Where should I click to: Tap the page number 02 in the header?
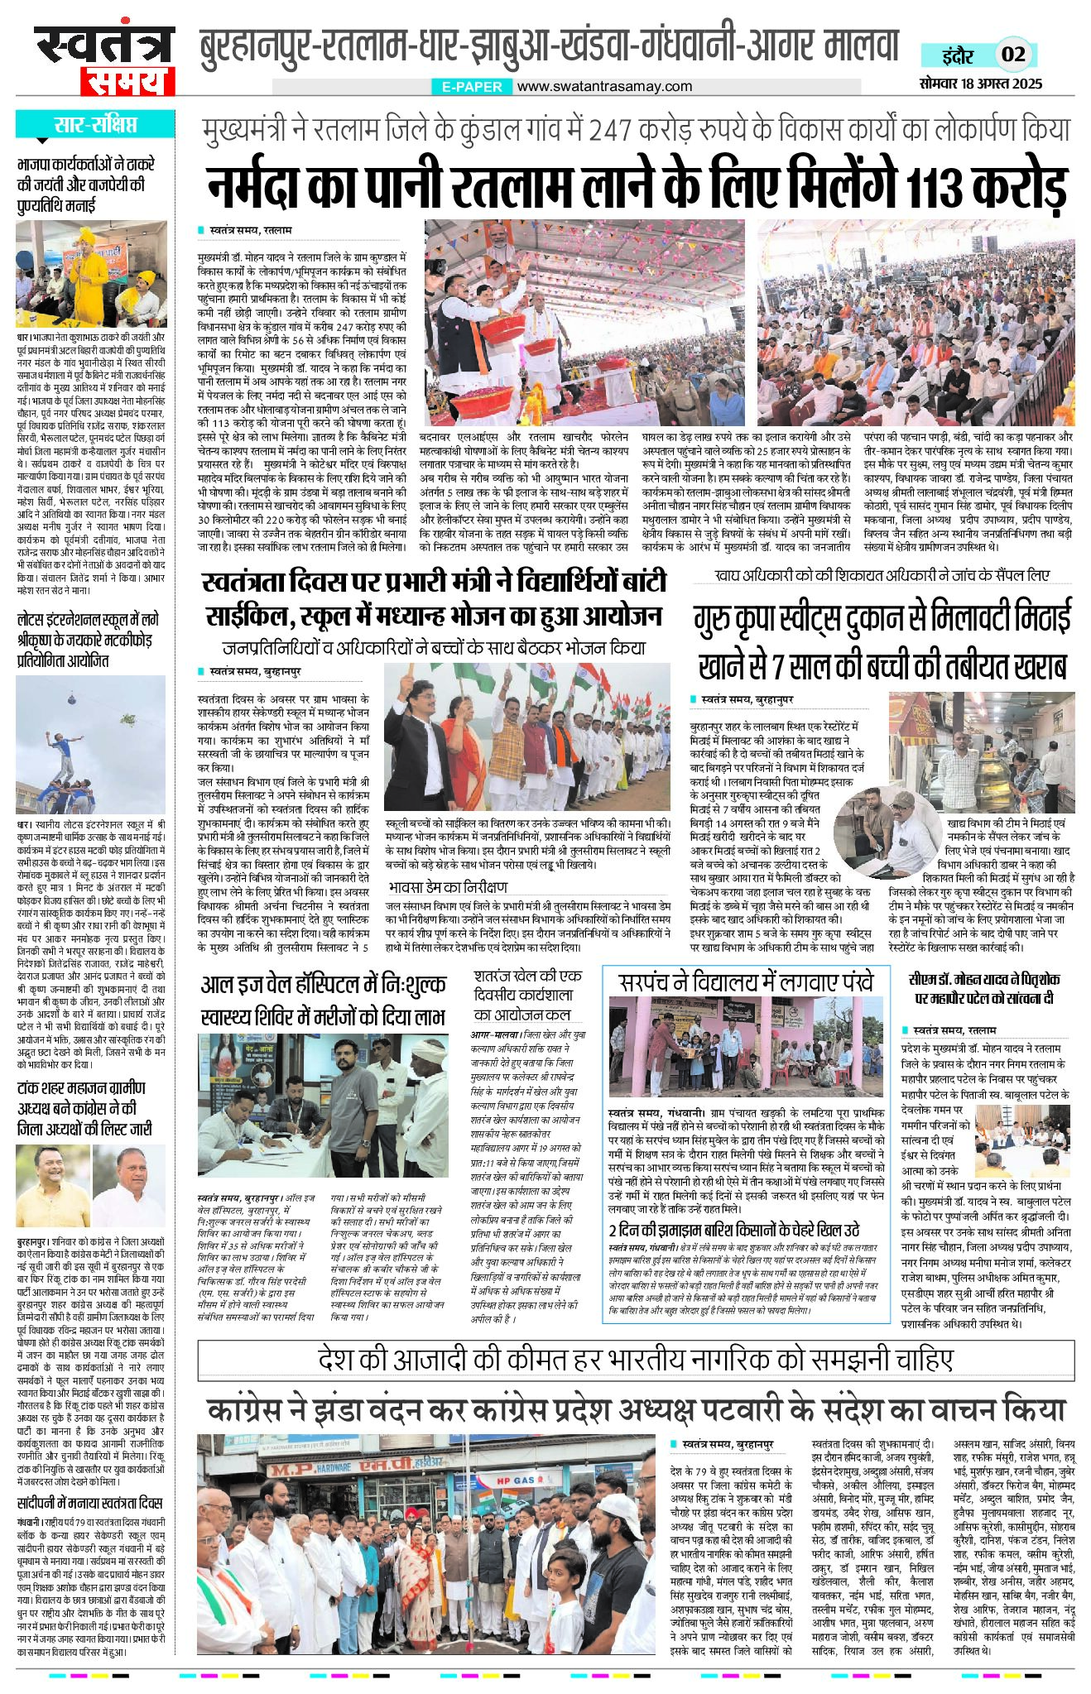1013,55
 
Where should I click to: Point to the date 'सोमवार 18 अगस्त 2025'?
980,84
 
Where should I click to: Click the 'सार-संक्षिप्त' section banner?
95,125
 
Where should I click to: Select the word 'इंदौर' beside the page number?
958,55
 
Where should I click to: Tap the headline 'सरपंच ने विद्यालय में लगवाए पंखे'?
746,982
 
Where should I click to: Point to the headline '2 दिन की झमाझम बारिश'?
733,1230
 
